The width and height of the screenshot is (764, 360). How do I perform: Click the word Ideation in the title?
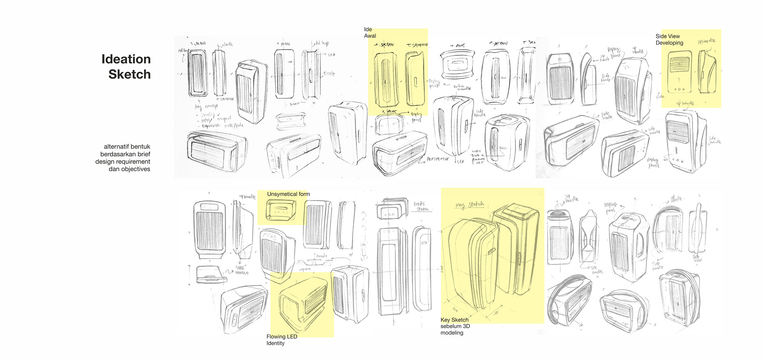(x=126, y=59)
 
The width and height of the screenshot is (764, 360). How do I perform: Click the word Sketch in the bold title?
(x=129, y=74)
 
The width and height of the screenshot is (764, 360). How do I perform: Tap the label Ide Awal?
(x=370, y=33)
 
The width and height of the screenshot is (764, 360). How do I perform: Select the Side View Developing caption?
(x=669, y=39)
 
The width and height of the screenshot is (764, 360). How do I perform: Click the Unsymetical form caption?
(x=288, y=194)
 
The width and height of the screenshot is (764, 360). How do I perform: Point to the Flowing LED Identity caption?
(x=281, y=340)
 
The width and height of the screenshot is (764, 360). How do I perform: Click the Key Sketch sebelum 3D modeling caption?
(x=455, y=326)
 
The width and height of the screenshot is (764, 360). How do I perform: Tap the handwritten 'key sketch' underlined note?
(x=470, y=205)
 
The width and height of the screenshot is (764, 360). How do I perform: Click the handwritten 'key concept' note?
(x=206, y=107)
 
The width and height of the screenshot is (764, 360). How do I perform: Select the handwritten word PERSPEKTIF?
(x=438, y=159)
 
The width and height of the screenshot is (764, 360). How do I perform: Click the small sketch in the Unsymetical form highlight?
(x=281, y=210)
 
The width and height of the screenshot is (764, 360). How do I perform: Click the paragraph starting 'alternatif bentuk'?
(x=123, y=158)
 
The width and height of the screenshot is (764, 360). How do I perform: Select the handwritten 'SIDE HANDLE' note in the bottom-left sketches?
(x=242, y=270)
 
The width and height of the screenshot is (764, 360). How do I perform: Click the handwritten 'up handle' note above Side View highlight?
(x=707, y=41)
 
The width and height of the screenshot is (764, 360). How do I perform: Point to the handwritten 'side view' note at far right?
(x=697, y=258)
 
